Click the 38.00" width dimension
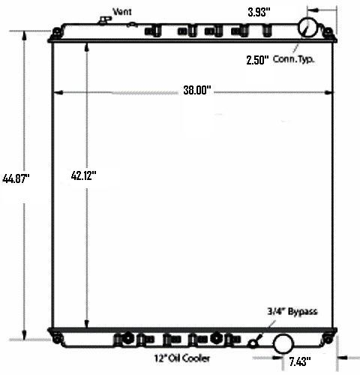coord(197,90)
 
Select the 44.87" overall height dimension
coord(16,178)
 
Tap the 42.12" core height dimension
coord(83,175)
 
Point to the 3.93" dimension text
coord(259,12)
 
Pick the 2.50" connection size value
coord(257,60)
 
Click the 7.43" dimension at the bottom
coord(300,361)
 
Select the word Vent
coord(122,11)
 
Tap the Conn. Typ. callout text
coord(293,59)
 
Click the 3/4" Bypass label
coord(292,311)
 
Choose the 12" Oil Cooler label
coord(182,358)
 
